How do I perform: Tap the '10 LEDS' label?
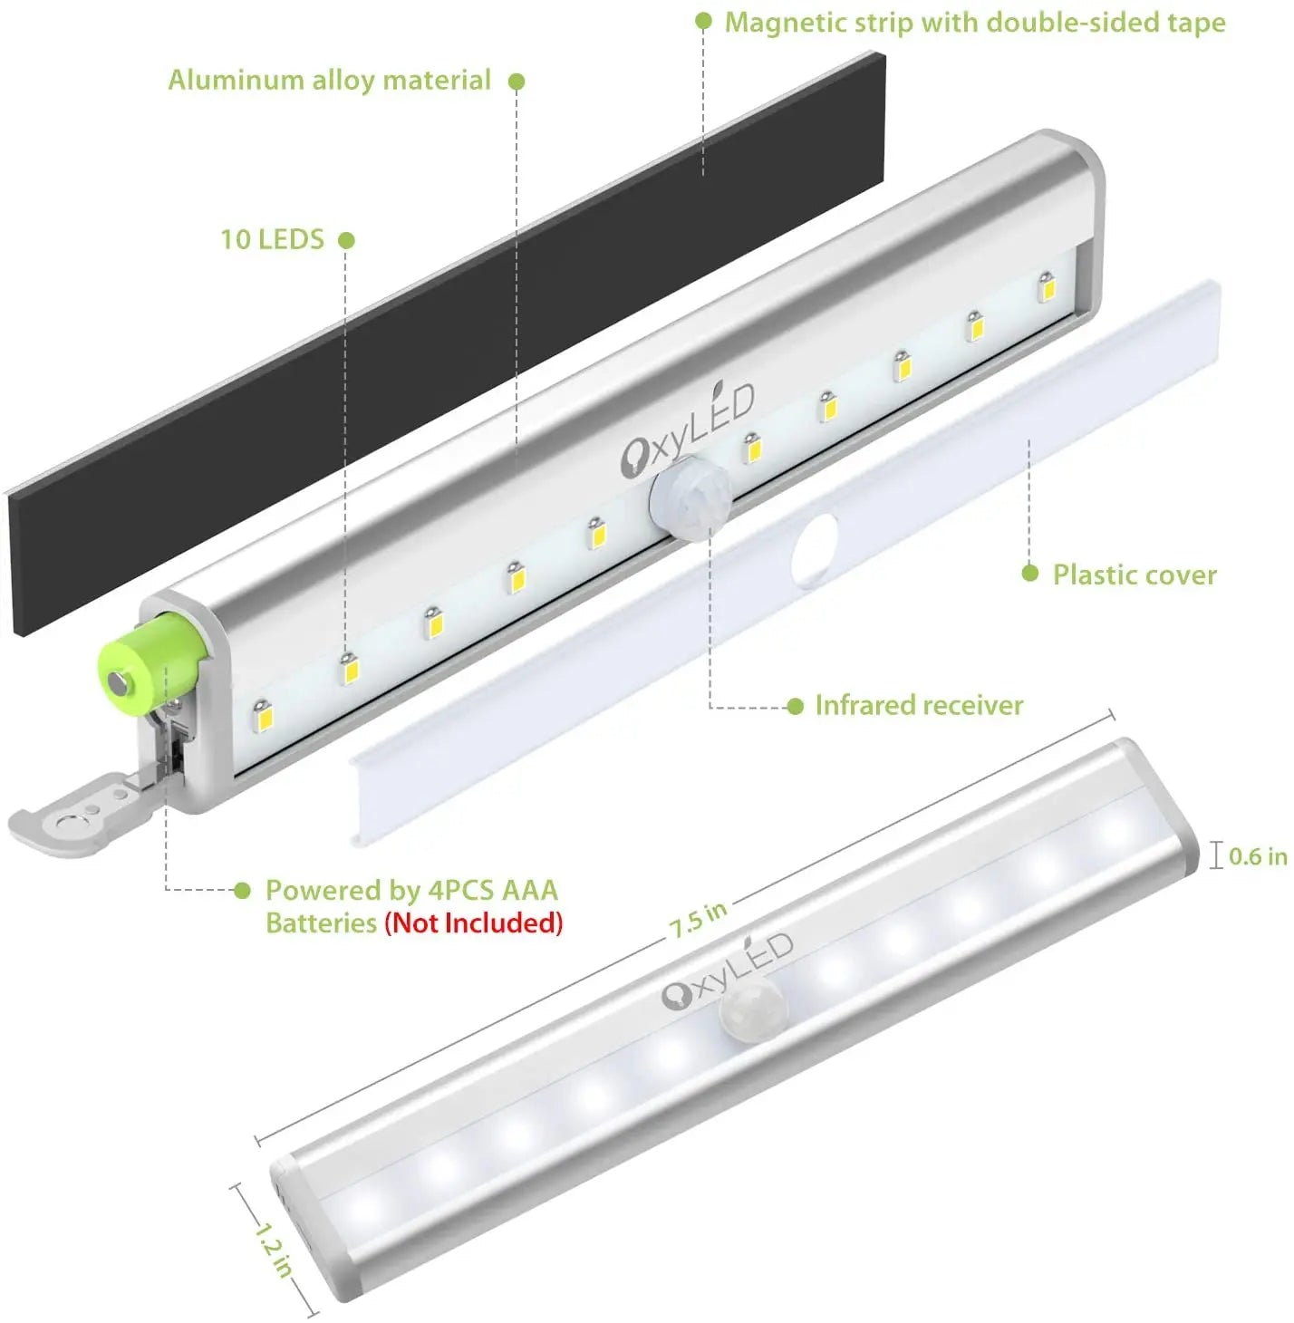pyautogui.click(x=272, y=239)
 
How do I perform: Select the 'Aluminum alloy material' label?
pyautogui.click(x=329, y=80)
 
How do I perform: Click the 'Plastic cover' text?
pyautogui.click(x=1135, y=575)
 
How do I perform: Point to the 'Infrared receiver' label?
pyautogui.click(x=919, y=705)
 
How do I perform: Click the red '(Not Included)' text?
pyautogui.click(x=474, y=922)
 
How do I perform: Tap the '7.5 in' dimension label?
pyautogui.click(x=698, y=920)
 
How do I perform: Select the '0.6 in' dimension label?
pyautogui.click(x=1257, y=855)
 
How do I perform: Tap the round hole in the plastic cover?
pyautogui.click(x=815, y=550)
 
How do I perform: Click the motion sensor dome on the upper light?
pyautogui.click(x=690, y=497)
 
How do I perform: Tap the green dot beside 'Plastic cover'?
pyautogui.click(x=1029, y=573)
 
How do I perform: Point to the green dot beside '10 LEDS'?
pyautogui.click(x=346, y=240)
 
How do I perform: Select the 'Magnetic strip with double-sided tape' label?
pyautogui.click(x=974, y=23)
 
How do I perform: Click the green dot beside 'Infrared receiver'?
pyautogui.click(x=795, y=706)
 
